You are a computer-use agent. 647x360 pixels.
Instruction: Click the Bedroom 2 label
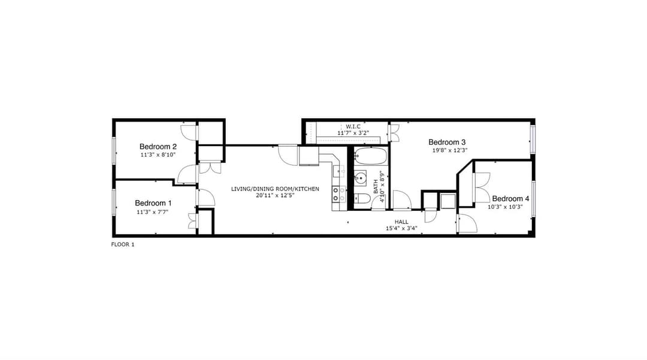pyautogui.click(x=158, y=146)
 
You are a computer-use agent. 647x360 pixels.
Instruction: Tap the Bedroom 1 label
pyautogui.click(x=153, y=203)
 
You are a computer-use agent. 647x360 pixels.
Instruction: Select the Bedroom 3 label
pyautogui.click(x=447, y=143)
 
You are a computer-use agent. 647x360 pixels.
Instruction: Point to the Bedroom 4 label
pyautogui.click(x=510, y=199)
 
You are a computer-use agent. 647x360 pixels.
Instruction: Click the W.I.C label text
pyautogui.click(x=353, y=126)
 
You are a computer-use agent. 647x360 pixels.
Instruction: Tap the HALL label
pyautogui.click(x=401, y=222)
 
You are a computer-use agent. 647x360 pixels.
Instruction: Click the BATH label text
pyautogui.click(x=376, y=186)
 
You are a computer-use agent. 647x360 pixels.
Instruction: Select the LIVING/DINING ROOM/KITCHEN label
pyautogui.click(x=275, y=189)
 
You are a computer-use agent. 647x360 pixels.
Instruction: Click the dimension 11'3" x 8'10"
pyautogui.click(x=158, y=155)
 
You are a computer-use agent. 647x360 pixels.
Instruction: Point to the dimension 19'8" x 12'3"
pyautogui.click(x=450, y=150)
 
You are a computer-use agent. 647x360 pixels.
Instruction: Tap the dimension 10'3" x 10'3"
pyautogui.click(x=505, y=207)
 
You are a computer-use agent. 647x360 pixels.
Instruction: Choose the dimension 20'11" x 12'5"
pyautogui.click(x=275, y=195)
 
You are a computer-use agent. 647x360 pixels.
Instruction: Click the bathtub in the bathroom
pyautogui.click(x=371, y=157)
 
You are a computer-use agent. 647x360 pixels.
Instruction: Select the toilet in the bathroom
pyautogui.click(x=362, y=199)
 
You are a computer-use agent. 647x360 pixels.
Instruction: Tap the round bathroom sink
pyautogui.click(x=361, y=179)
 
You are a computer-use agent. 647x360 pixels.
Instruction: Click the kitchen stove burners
pyautogui.click(x=338, y=194)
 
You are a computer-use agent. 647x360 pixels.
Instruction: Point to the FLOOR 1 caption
pyautogui.click(x=123, y=244)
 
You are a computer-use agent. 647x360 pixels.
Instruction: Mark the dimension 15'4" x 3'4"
pyautogui.click(x=401, y=228)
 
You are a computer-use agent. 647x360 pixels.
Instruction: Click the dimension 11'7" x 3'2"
pyautogui.click(x=353, y=133)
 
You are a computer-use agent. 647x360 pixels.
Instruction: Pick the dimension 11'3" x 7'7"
pyautogui.click(x=153, y=212)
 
